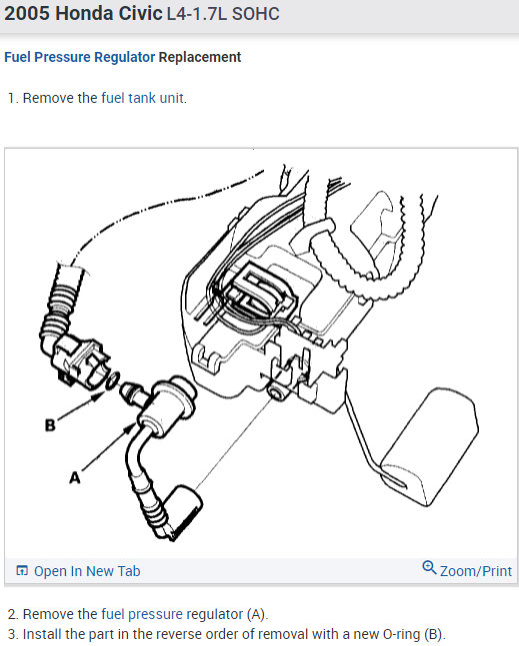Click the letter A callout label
[x=75, y=477]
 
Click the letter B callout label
[x=50, y=424]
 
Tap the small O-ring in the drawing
[x=113, y=380]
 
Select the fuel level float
[x=429, y=447]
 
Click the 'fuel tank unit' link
[x=142, y=98]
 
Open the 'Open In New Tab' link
[x=87, y=571]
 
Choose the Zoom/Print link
[x=476, y=571]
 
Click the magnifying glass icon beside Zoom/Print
[x=429, y=568]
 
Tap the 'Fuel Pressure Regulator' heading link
[x=80, y=57]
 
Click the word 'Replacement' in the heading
[x=200, y=57]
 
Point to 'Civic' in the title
[x=140, y=13]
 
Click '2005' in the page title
[x=27, y=13]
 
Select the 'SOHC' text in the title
[x=255, y=14]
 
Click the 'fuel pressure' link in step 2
[x=142, y=614]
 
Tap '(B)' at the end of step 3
[x=434, y=634]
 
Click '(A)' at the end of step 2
[x=257, y=614]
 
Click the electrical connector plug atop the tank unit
[x=261, y=290]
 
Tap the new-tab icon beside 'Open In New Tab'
[x=22, y=570]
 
